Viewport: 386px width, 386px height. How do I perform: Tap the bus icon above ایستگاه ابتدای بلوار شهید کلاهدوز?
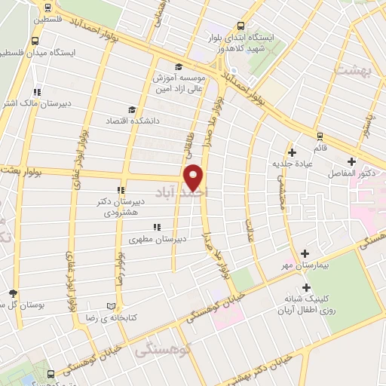pos(240,24)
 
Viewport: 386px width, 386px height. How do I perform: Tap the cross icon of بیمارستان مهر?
pos(305,253)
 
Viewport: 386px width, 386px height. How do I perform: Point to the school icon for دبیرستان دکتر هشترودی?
pos(120,191)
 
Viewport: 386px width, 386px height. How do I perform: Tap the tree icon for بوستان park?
pos(13,293)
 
